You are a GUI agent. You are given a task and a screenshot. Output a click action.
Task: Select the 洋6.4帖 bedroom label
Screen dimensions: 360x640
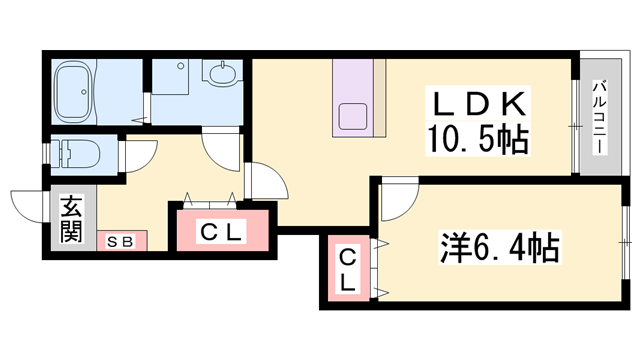[x=498, y=246]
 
